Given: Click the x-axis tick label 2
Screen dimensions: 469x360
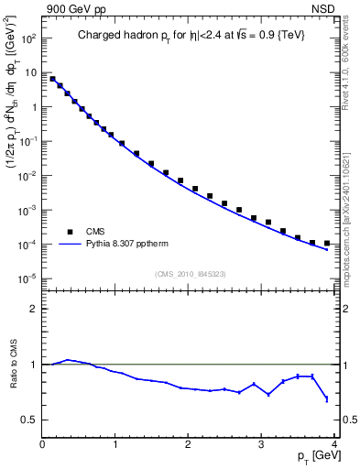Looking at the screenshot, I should pyautogui.click(x=188, y=444).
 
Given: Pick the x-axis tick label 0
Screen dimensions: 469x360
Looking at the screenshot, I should pyautogui.click(x=43, y=444).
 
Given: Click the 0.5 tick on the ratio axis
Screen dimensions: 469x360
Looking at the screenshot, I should pyautogui.click(x=29, y=420).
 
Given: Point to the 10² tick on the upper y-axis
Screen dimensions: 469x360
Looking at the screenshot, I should pyautogui.click(x=27, y=38).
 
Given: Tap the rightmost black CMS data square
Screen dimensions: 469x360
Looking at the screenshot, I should pyautogui.click(x=326, y=243).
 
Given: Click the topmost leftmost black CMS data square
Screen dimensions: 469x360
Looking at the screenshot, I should pyautogui.click(x=52, y=79).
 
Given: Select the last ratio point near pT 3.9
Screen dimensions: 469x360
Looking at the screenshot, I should pyautogui.click(x=326, y=398).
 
